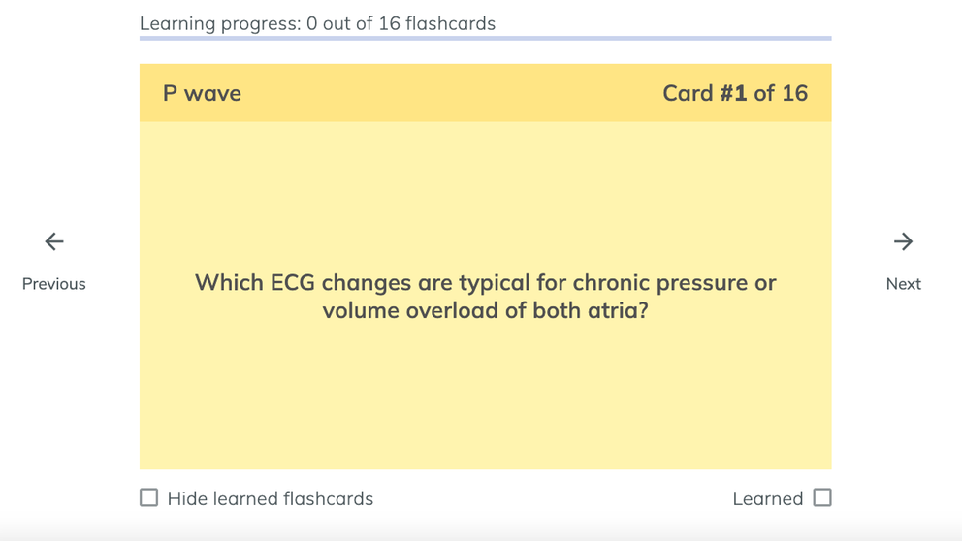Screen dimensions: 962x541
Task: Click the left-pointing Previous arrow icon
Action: click(x=54, y=241)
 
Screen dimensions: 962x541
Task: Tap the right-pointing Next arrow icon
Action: click(x=903, y=241)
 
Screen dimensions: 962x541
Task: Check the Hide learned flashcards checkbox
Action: click(x=148, y=497)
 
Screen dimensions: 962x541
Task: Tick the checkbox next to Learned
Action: click(x=822, y=497)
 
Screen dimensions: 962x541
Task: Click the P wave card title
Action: click(x=202, y=93)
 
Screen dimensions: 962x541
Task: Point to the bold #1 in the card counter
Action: click(x=733, y=93)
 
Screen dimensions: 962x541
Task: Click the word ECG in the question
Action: click(x=293, y=283)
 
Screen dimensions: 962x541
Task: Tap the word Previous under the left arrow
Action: click(x=54, y=284)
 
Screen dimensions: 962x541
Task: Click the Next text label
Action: click(x=903, y=284)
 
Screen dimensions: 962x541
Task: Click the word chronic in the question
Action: click(x=611, y=283)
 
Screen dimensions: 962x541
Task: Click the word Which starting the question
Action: click(x=230, y=283)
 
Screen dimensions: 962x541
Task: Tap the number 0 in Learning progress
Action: click(x=311, y=23)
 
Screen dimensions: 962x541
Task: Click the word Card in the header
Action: click(x=688, y=93)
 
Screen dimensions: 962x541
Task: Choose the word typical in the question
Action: click(x=495, y=284)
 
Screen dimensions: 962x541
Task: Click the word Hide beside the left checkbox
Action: click(x=187, y=498)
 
